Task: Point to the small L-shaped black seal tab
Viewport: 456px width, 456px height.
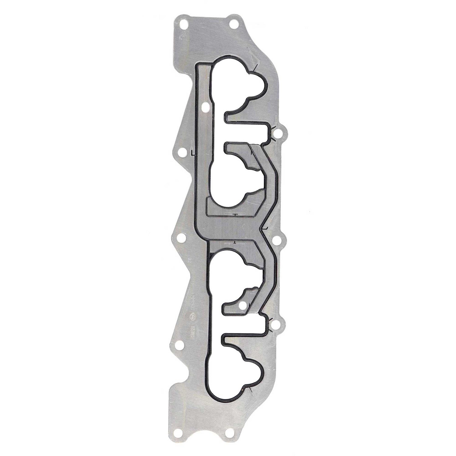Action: coord(192,153)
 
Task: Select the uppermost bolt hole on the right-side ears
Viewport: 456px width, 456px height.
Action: coord(277,133)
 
